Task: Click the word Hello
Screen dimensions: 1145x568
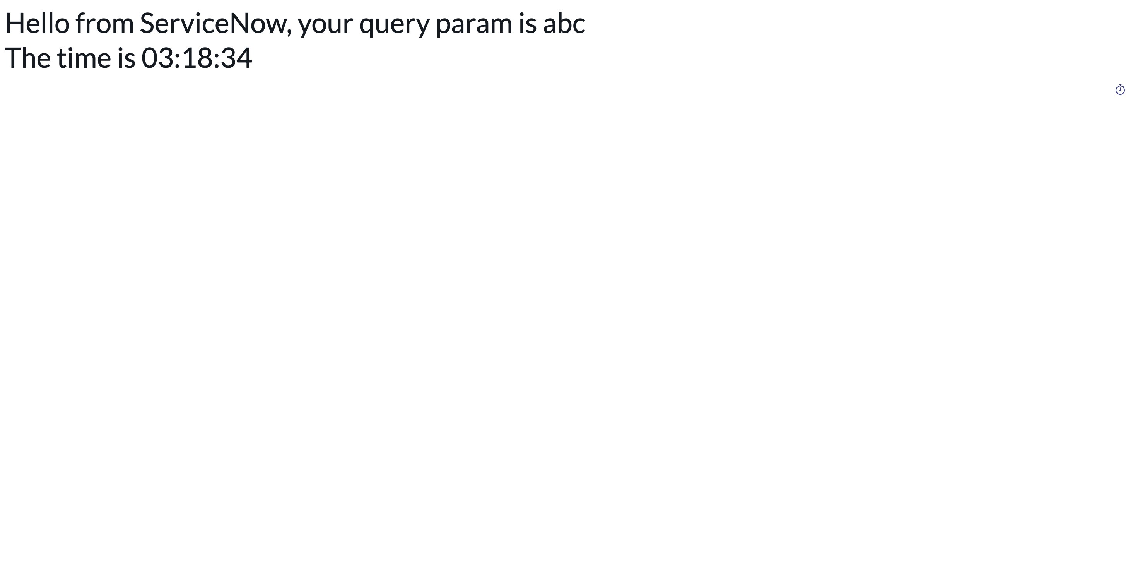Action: pyautogui.click(x=38, y=23)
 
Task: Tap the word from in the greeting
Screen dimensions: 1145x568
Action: pyautogui.click(x=104, y=23)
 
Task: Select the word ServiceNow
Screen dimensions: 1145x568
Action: pyautogui.click(x=213, y=23)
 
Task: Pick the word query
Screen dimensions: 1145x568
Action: pyautogui.click(x=394, y=26)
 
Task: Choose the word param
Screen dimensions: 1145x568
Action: pyautogui.click(x=474, y=26)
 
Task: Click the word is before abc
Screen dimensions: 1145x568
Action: pyautogui.click(x=528, y=23)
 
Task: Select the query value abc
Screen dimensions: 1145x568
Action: pyautogui.click(x=564, y=23)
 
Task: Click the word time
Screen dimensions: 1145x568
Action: pyautogui.click(x=84, y=58)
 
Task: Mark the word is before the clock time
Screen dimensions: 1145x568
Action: pyautogui.click(x=126, y=58)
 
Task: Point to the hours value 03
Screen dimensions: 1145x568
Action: pyautogui.click(x=158, y=58)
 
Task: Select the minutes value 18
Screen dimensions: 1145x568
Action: pyautogui.click(x=197, y=58)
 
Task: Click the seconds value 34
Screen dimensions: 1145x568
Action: pyautogui.click(x=236, y=58)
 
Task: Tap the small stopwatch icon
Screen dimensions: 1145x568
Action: pyautogui.click(x=1120, y=90)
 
